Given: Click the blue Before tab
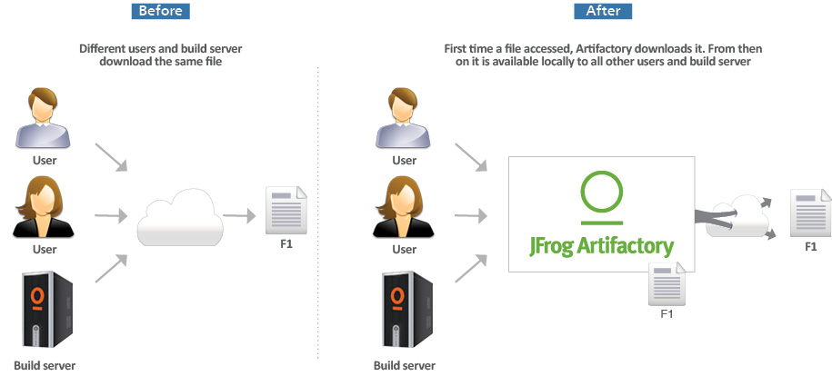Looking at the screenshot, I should (161, 12).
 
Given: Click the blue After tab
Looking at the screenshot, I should (602, 12).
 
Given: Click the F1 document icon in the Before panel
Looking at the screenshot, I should (286, 210).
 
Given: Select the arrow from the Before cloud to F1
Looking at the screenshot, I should (239, 216).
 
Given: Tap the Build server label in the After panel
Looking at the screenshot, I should (405, 366).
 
